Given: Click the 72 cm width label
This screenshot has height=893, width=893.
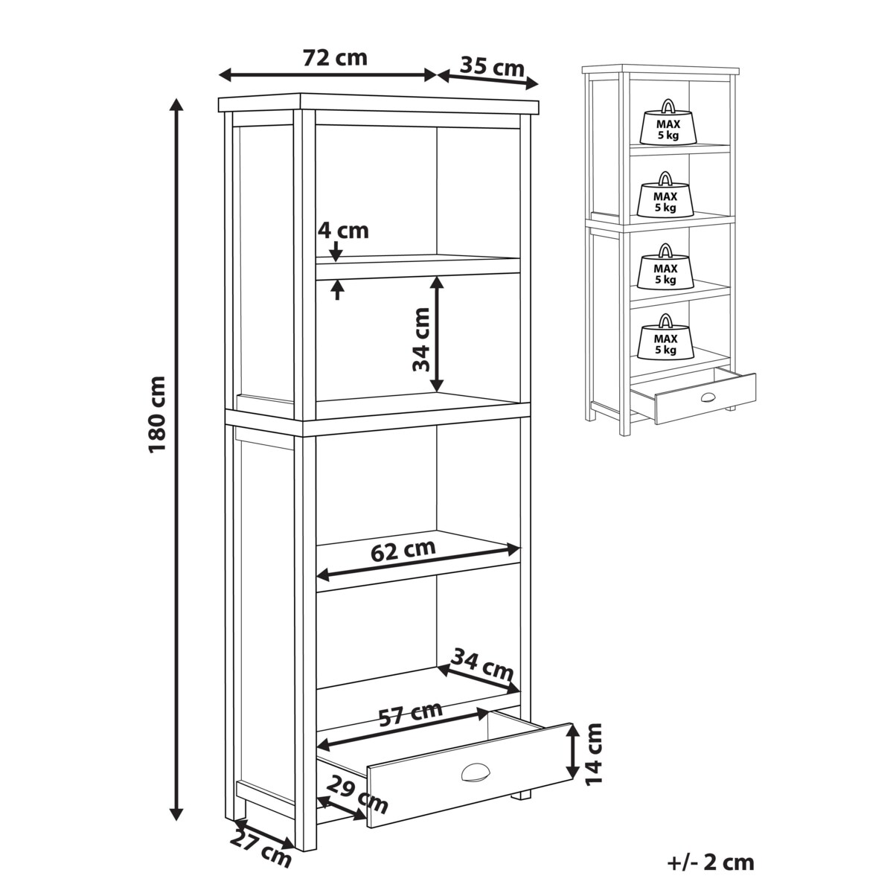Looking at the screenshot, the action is click(x=335, y=58).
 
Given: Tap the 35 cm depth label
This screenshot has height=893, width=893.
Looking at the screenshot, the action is click(x=492, y=67).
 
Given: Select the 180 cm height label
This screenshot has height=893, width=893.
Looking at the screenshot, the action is click(x=156, y=415).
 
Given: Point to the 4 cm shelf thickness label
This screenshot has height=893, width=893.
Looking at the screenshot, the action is click(x=343, y=231).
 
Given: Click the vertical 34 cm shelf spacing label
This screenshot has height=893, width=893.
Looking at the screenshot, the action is click(x=421, y=339).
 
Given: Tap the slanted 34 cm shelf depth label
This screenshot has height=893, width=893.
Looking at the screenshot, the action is click(x=482, y=665).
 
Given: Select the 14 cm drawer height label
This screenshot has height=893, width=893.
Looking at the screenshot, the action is click(x=594, y=761).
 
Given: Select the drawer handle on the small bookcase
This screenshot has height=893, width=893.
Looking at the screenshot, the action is click(x=708, y=397).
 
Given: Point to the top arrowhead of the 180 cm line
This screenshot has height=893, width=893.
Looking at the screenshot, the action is click(x=176, y=104).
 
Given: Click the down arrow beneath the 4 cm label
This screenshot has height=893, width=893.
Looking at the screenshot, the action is click(x=337, y=252).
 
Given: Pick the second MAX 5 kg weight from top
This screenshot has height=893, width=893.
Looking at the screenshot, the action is click(x=665, y=195).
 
